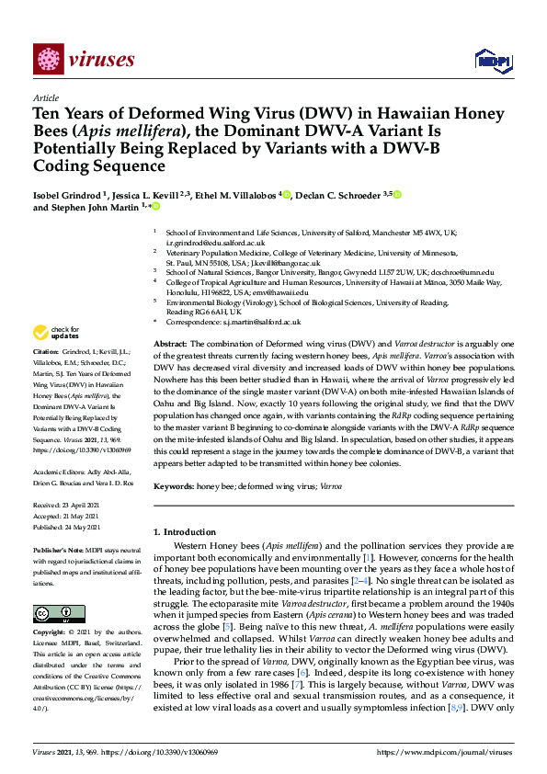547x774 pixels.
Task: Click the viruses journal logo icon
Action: click(49, 60)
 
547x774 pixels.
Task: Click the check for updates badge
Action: click(56, 332)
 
